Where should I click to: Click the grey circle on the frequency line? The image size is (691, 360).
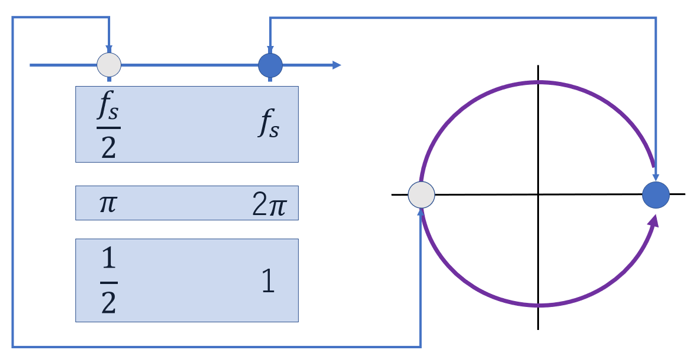click(x=108, y=65)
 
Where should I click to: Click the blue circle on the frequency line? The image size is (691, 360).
click(x=270, y=65)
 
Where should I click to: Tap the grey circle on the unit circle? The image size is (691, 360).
click(x=421, y=194)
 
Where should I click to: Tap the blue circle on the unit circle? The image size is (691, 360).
click(x=656, y=194)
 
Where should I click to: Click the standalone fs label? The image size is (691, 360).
click(x=268, y=125)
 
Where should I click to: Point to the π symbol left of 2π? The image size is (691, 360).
click(x=108, y=204)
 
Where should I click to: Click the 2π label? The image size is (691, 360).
click(x=269, y=205)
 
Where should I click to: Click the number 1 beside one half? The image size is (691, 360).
click(x=268, y=283)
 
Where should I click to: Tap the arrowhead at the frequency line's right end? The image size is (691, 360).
click(x=336, y=65)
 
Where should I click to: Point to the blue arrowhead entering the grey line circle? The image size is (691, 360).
click(x=108, y=49)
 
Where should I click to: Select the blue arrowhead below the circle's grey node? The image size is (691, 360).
click(x=421, y=210)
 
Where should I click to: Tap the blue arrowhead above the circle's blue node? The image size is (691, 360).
click(x=656, y=178)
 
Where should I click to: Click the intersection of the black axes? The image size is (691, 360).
click(x=538, y=194)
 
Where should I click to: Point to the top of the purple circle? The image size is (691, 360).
click(x=538, y=82)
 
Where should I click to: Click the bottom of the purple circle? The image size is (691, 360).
click(x=538, y=305)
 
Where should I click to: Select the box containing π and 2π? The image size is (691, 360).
click(x=187, y=203)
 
